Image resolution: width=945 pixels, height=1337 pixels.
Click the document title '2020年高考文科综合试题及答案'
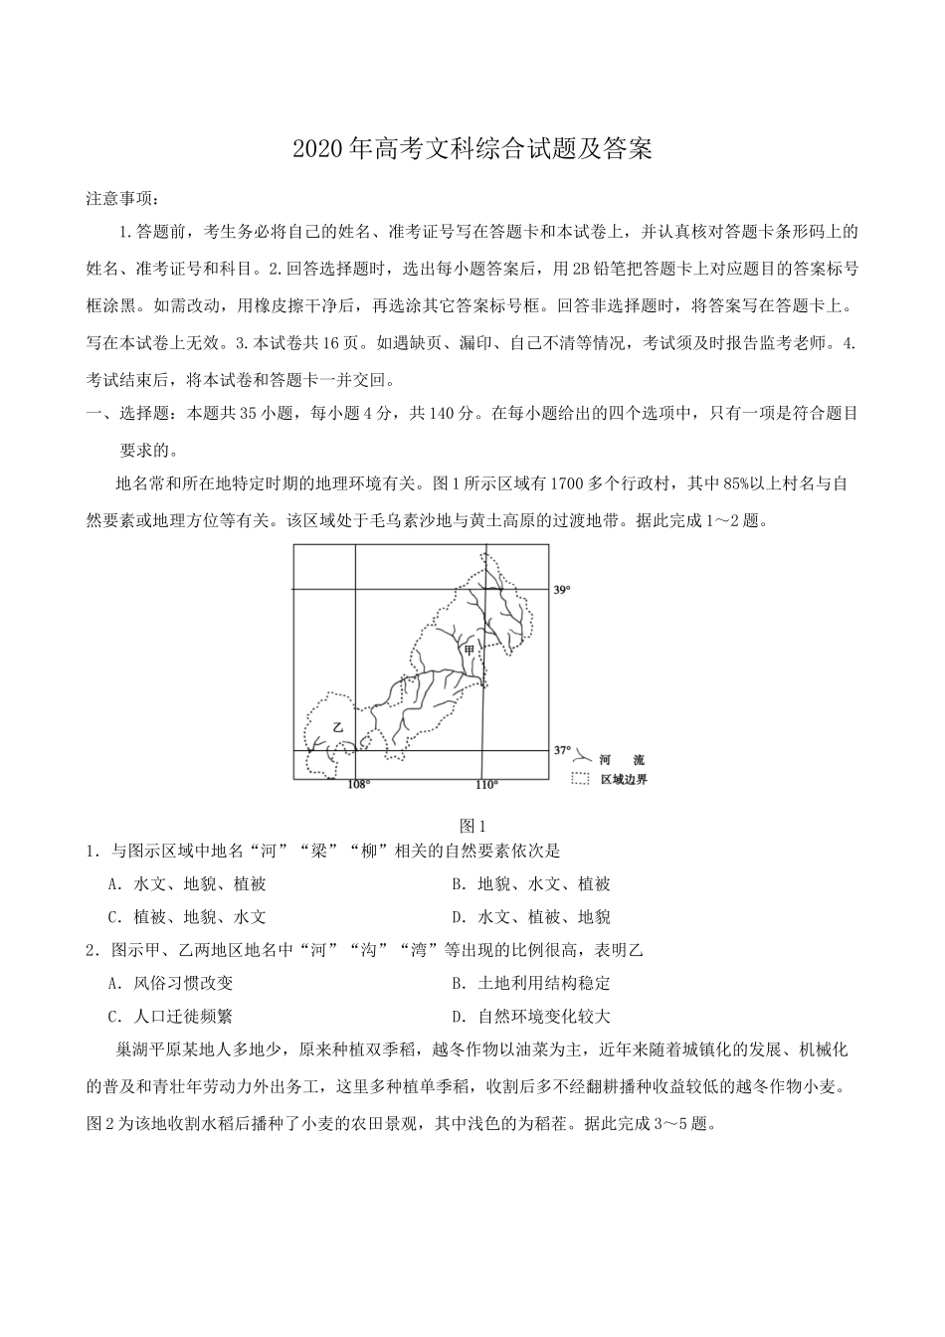pos(472,150)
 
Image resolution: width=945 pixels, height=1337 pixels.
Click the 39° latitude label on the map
pos(562,590)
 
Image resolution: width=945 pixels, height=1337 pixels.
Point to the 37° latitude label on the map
pos(562,749)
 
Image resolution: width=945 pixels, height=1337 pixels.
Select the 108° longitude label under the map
pos(358,785)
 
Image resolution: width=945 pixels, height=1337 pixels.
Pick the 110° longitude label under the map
pos(486,785)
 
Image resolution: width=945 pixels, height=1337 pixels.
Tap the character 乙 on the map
pos(338,727)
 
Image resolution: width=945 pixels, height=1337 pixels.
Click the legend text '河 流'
pos(624,760)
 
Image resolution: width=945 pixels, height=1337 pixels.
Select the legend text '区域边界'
pos(624,780)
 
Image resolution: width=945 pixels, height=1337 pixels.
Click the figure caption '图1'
pos(472,826)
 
